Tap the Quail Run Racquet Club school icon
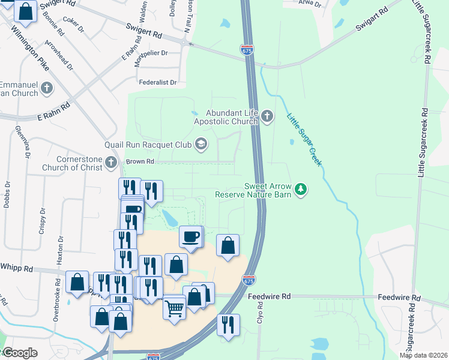[x=201, y=144]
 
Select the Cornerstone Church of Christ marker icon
[x=110, y=162]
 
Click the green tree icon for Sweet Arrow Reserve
[x=301, y=190]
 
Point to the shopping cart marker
[x=175, y=309]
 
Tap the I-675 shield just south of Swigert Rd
[x=247, y=50]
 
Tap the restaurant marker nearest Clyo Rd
[x=228, y=325]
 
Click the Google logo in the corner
[x=19, y=353]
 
